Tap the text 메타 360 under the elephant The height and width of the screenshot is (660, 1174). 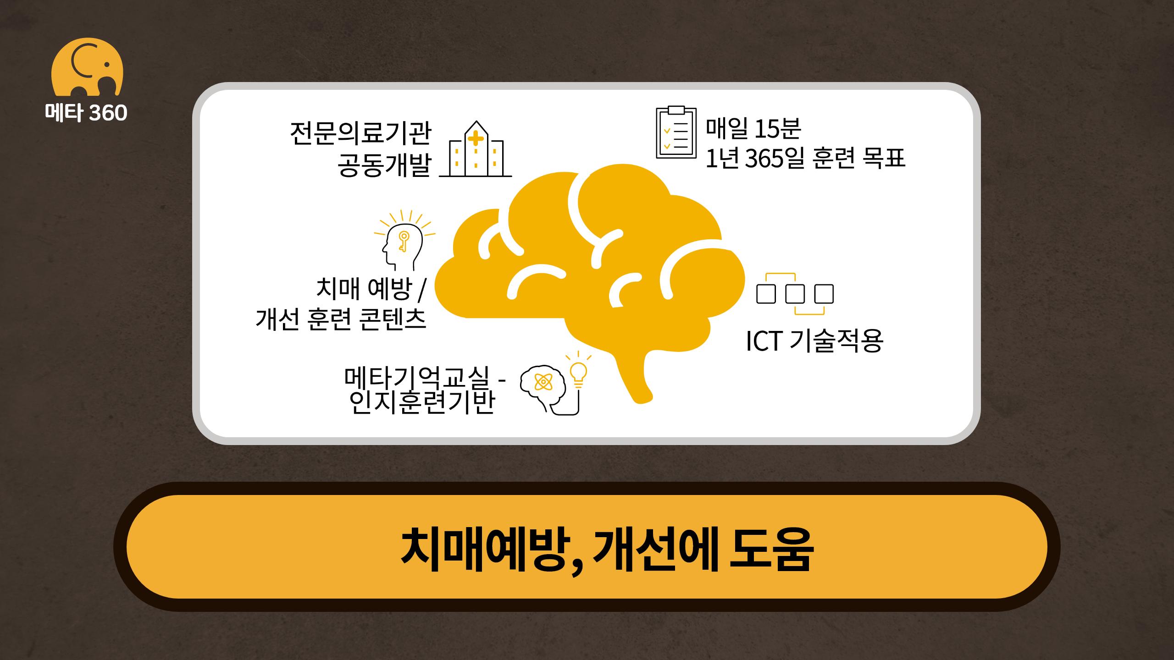[x=86, y=113]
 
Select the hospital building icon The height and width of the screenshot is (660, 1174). [x=476, y=149]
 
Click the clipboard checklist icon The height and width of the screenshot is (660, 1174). [x=676, y=132]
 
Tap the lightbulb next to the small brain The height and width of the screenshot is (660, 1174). [x=579, y=371]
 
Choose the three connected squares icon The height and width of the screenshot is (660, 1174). [x=795, y=294]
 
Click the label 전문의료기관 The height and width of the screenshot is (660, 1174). [x=360, y=133]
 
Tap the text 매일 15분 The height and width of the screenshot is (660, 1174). [x=753, y=128]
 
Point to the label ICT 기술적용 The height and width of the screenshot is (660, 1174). [x=814, y=341]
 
